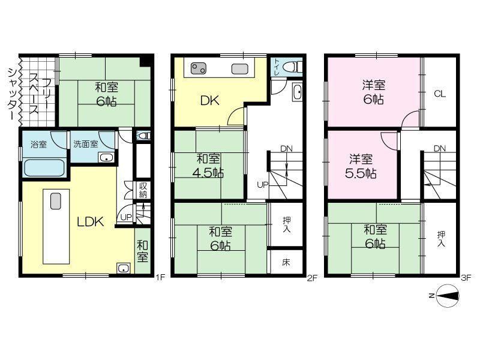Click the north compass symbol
tap(447, 295)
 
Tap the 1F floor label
tap(160, 277)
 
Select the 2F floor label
tap(312, 277)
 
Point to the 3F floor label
tap(466, 277)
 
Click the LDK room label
tap(91, 221)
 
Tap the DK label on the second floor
tap(209, 100)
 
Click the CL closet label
tap(440, 94)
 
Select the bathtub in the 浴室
tap(44, 167)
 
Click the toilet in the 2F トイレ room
tap(294, 67)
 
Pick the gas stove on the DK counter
tap(199, 68)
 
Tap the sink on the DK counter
tap(239, 68)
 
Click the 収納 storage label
tap(143, 190)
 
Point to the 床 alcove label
tap(286, 262)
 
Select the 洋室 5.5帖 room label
tap(361, 167)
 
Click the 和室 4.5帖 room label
tap(208, 166)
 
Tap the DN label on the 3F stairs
tap(440, 149)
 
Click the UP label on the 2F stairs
tap(263, 185)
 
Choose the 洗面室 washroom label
tap(85, 144)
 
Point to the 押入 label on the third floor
tap(441, 239)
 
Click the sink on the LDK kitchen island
tap(56, 201)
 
